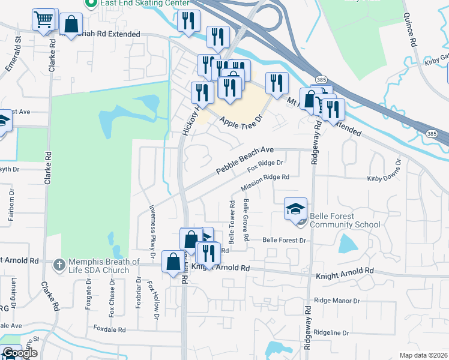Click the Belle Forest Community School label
click(x=345, y=220)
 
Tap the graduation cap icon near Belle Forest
click(x=295, y=209)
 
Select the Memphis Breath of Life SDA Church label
click(x=99, y=266)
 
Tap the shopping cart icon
click(x=43, y=20)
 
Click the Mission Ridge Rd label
click(x=265, y=183)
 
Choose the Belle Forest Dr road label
click(x=285, y=240)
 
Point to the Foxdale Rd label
click(x=109, y=329)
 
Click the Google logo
click(x=19, y=353)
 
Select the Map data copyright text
click(x=424, y=355)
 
